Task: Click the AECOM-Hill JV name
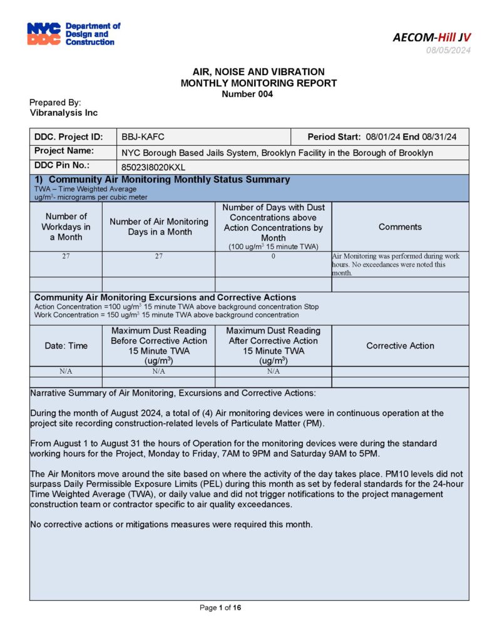point(432,37)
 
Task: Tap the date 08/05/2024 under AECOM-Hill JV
point(448,50)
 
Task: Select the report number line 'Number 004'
point(247,94)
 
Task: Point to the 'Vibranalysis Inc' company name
point(64,113)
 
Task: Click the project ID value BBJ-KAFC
point(143,137)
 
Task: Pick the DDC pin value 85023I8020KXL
point(153,167)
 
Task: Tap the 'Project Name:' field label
point(64,151)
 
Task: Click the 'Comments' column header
point(400,227)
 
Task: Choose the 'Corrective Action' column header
point(400,346)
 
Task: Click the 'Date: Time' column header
point(66,346)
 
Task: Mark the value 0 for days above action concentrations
point(273,257)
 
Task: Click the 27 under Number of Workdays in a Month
point(66,257)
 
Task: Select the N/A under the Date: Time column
point(66,371)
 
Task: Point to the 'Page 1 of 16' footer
point(220,608)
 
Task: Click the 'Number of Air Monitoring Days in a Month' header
point(159,227)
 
